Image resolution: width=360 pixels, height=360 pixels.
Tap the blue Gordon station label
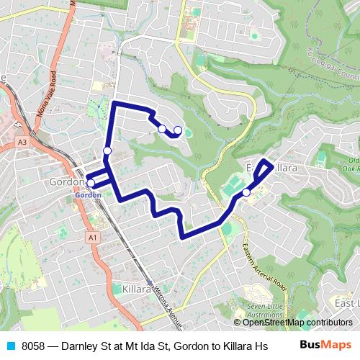point(87,194)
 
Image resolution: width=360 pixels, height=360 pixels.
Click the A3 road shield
point(24,143)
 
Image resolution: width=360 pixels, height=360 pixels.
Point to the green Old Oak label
point(352,164)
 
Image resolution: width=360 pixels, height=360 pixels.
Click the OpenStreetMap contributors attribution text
point(297,323)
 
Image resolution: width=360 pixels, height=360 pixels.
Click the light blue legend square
point(10,344)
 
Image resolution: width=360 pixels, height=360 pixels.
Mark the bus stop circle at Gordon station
point(91,184)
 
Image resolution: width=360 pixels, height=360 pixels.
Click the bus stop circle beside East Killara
point(246,192)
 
